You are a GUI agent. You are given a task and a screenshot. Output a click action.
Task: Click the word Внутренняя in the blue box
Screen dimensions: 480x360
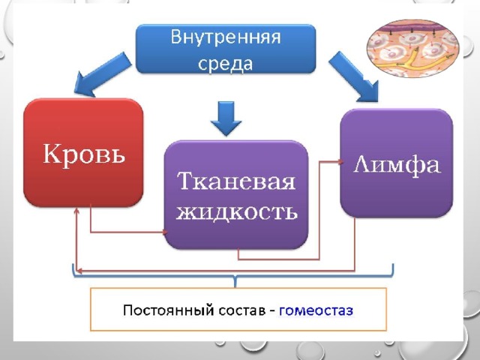click(226, 37)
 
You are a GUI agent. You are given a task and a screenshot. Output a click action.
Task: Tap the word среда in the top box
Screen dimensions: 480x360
click(226, 64)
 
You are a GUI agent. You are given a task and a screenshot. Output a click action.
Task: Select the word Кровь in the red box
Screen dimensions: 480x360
click(84, 153)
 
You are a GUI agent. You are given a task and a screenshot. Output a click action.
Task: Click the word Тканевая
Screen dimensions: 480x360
click(236, 181)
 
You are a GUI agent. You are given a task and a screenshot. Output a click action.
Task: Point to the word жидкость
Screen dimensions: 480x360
click(236, 211)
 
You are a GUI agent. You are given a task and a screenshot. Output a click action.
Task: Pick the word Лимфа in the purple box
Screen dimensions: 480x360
click(397, 165)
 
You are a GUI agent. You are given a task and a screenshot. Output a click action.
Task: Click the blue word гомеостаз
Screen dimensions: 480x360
click(316, 310)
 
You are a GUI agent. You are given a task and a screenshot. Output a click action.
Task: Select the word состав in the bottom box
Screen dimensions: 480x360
click(241, 310)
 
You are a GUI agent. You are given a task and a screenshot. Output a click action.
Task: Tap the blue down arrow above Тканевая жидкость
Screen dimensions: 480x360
click(226, 118)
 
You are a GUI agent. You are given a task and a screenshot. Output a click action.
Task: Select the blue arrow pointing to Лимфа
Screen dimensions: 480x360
click(355, 76)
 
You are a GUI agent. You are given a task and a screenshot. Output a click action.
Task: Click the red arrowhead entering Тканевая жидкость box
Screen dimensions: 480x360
click(165, 232)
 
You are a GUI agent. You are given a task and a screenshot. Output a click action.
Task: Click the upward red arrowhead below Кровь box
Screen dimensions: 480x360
click(76, 211)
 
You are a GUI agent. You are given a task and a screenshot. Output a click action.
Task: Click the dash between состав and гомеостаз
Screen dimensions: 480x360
click(272, 311)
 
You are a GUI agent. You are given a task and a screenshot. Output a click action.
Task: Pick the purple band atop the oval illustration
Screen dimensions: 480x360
click(413, 29)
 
